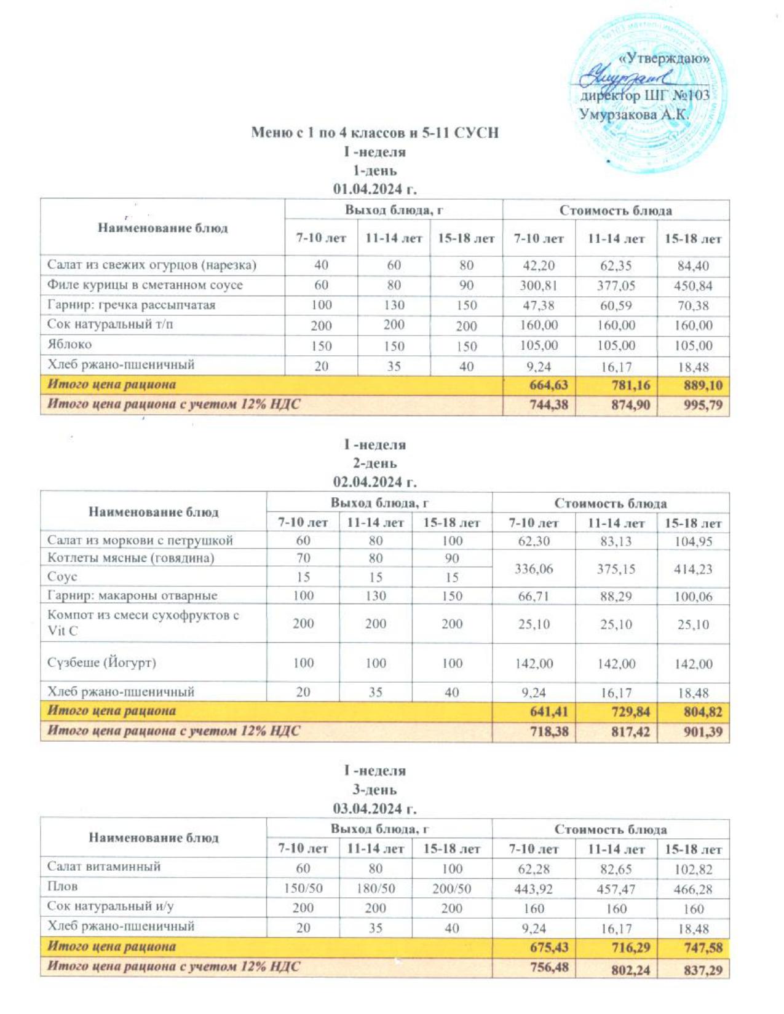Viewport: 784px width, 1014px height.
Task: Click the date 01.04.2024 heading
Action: (x=374, y=189)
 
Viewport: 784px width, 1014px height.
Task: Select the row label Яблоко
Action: (x=69, y=344)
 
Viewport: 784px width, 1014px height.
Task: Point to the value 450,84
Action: (x=693, y=286)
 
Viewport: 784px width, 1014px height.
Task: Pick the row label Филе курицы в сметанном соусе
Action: (x=145, y=285)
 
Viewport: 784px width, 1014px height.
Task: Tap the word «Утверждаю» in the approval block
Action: (x=663, y=59)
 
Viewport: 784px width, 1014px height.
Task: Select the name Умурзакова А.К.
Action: (x=634, y=115)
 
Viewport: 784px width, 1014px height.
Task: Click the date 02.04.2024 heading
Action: (x=374, y=481)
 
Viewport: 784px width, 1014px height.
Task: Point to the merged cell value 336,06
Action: (x=534, y=568)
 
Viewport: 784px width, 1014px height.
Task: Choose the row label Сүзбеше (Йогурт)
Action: (x=101, y=663)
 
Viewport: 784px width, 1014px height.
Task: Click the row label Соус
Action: (x=62, y=577)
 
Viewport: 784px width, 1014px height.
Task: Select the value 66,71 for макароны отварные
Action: (x=534, y=596)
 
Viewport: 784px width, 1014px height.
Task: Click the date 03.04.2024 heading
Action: (x=374, y=808)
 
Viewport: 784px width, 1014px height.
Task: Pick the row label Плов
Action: (x=62, y=887)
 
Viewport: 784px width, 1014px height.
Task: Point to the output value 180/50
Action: (x=375, y=889)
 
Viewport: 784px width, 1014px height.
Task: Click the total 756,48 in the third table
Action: (x=549, y=967)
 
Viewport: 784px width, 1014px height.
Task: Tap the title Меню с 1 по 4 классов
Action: (x=374, y=133)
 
